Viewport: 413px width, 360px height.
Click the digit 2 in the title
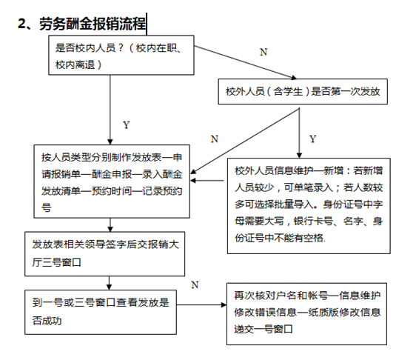21,23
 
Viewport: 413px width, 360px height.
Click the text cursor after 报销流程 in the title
147,24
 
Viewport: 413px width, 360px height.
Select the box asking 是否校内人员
121,56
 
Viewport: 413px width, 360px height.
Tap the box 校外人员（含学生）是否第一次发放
303,91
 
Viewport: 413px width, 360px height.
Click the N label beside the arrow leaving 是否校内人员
263,52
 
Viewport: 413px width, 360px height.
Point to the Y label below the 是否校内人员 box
127,125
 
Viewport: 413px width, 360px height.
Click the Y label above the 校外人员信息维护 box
312,139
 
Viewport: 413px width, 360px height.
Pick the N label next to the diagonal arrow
215,139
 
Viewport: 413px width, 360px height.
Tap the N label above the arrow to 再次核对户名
195,285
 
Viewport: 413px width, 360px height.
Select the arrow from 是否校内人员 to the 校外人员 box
246,62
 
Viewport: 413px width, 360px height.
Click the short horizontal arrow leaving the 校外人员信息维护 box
207,181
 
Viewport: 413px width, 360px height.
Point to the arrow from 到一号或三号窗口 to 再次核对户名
201,305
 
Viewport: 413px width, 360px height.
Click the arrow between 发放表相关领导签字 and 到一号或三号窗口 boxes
110,283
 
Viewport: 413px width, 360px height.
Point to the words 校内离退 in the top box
75,64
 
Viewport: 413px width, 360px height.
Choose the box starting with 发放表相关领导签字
105,254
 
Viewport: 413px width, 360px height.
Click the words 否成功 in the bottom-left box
47,321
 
